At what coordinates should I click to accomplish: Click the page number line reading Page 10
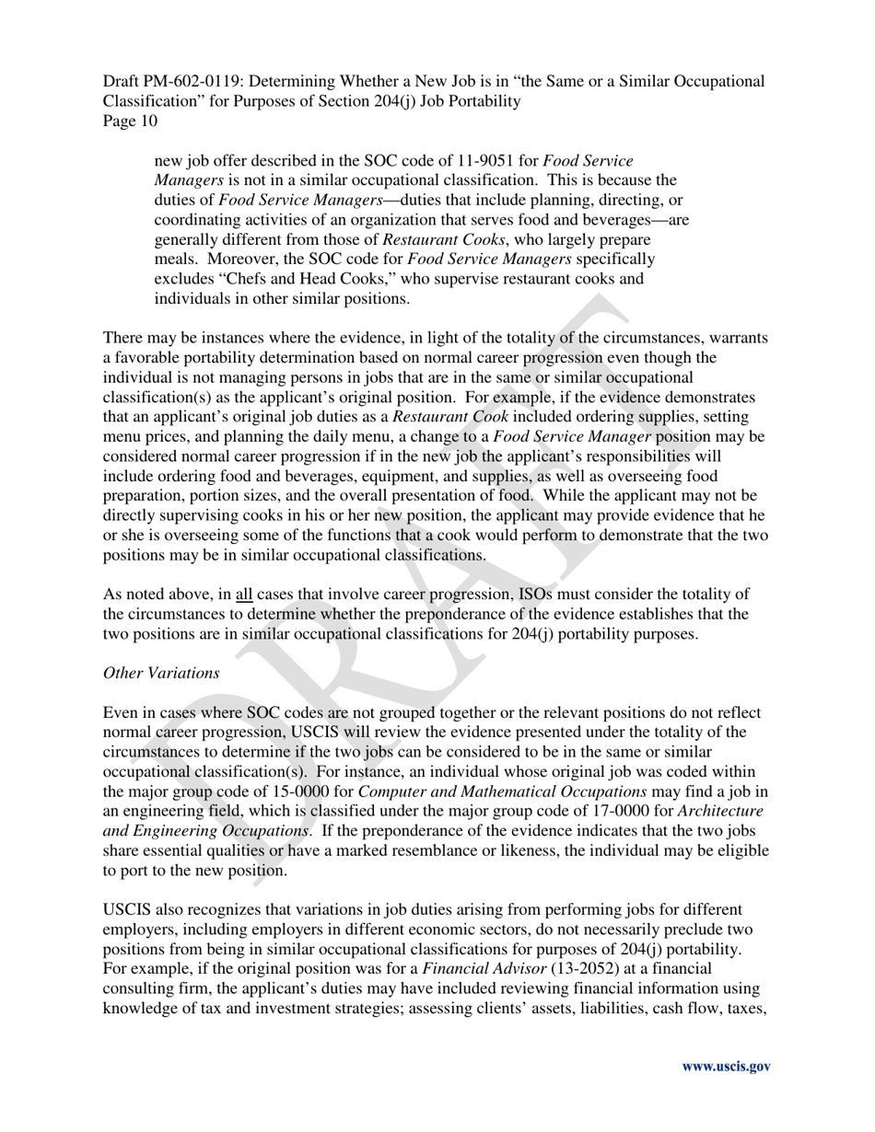point(130,121)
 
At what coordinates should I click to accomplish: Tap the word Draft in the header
point(122,81)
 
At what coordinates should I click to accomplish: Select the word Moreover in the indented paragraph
point(228,259)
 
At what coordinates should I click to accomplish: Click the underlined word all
point(244,594)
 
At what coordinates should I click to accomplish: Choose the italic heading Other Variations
point(161,673)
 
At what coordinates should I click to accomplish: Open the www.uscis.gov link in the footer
point(725,1067)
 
